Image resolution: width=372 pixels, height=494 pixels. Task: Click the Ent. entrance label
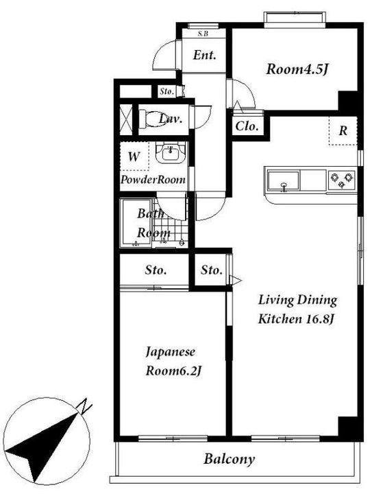[x=204, y=56]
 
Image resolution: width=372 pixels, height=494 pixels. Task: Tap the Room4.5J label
[x=297, y=69]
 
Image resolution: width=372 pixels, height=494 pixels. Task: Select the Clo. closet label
[x=247, y=126]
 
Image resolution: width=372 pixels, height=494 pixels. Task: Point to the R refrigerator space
[x=343, y=130]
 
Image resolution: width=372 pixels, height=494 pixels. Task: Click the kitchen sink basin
[x=283, y=181]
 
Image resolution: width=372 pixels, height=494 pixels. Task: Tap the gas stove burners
[x=341, y=180]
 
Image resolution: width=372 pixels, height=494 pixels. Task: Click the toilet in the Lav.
[x=152, y=119]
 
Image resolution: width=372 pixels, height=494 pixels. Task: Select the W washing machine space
[x=134, y=156]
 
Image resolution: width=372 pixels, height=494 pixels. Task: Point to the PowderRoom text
[x=153, y=180]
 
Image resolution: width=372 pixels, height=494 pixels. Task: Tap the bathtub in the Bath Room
[x=136, y=222]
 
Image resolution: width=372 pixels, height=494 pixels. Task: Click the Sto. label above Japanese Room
[x=156, y=270]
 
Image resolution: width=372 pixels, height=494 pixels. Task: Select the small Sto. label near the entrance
[x=166, y=92]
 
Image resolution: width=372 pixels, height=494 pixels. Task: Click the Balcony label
[x=229, y=459]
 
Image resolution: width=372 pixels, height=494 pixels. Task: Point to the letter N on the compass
[x=84, y=406]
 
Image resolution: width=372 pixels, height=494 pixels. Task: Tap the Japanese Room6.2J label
[x=173, y=362]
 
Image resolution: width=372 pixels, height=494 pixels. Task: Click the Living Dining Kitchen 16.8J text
[x=297, y=309]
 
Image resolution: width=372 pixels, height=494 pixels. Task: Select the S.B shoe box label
[x=203, y=34]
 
